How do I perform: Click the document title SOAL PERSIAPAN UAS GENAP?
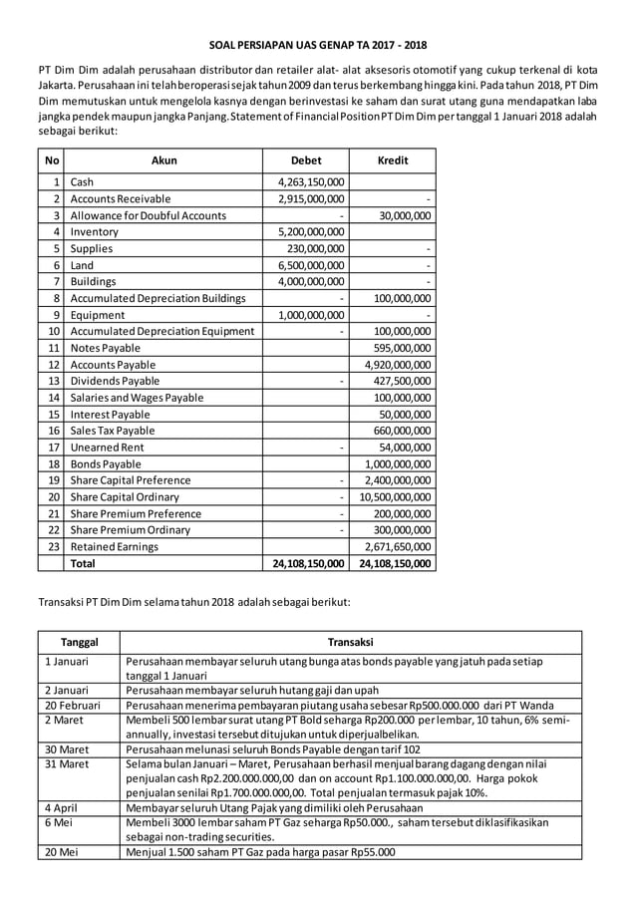(x=317, y=45)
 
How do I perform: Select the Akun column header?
(x=163, y=159)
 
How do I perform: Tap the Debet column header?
(x=305, y=159)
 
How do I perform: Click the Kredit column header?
(x=393, y=159)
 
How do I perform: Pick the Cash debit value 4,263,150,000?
(x=310, y=182)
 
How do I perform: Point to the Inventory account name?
(x=96, y=232)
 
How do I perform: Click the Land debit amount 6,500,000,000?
(x=310, y=265)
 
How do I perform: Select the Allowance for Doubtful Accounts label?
(x=149, y=215)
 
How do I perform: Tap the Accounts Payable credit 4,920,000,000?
(x=396, y=365)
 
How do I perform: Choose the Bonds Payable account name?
(x=106, y=463)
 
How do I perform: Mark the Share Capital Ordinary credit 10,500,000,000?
(x=395, y=496)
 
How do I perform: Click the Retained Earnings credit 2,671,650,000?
(x=396, y=546)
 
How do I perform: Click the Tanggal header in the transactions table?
(x=79, y=643)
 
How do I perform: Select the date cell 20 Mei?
(x=61, y=852)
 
